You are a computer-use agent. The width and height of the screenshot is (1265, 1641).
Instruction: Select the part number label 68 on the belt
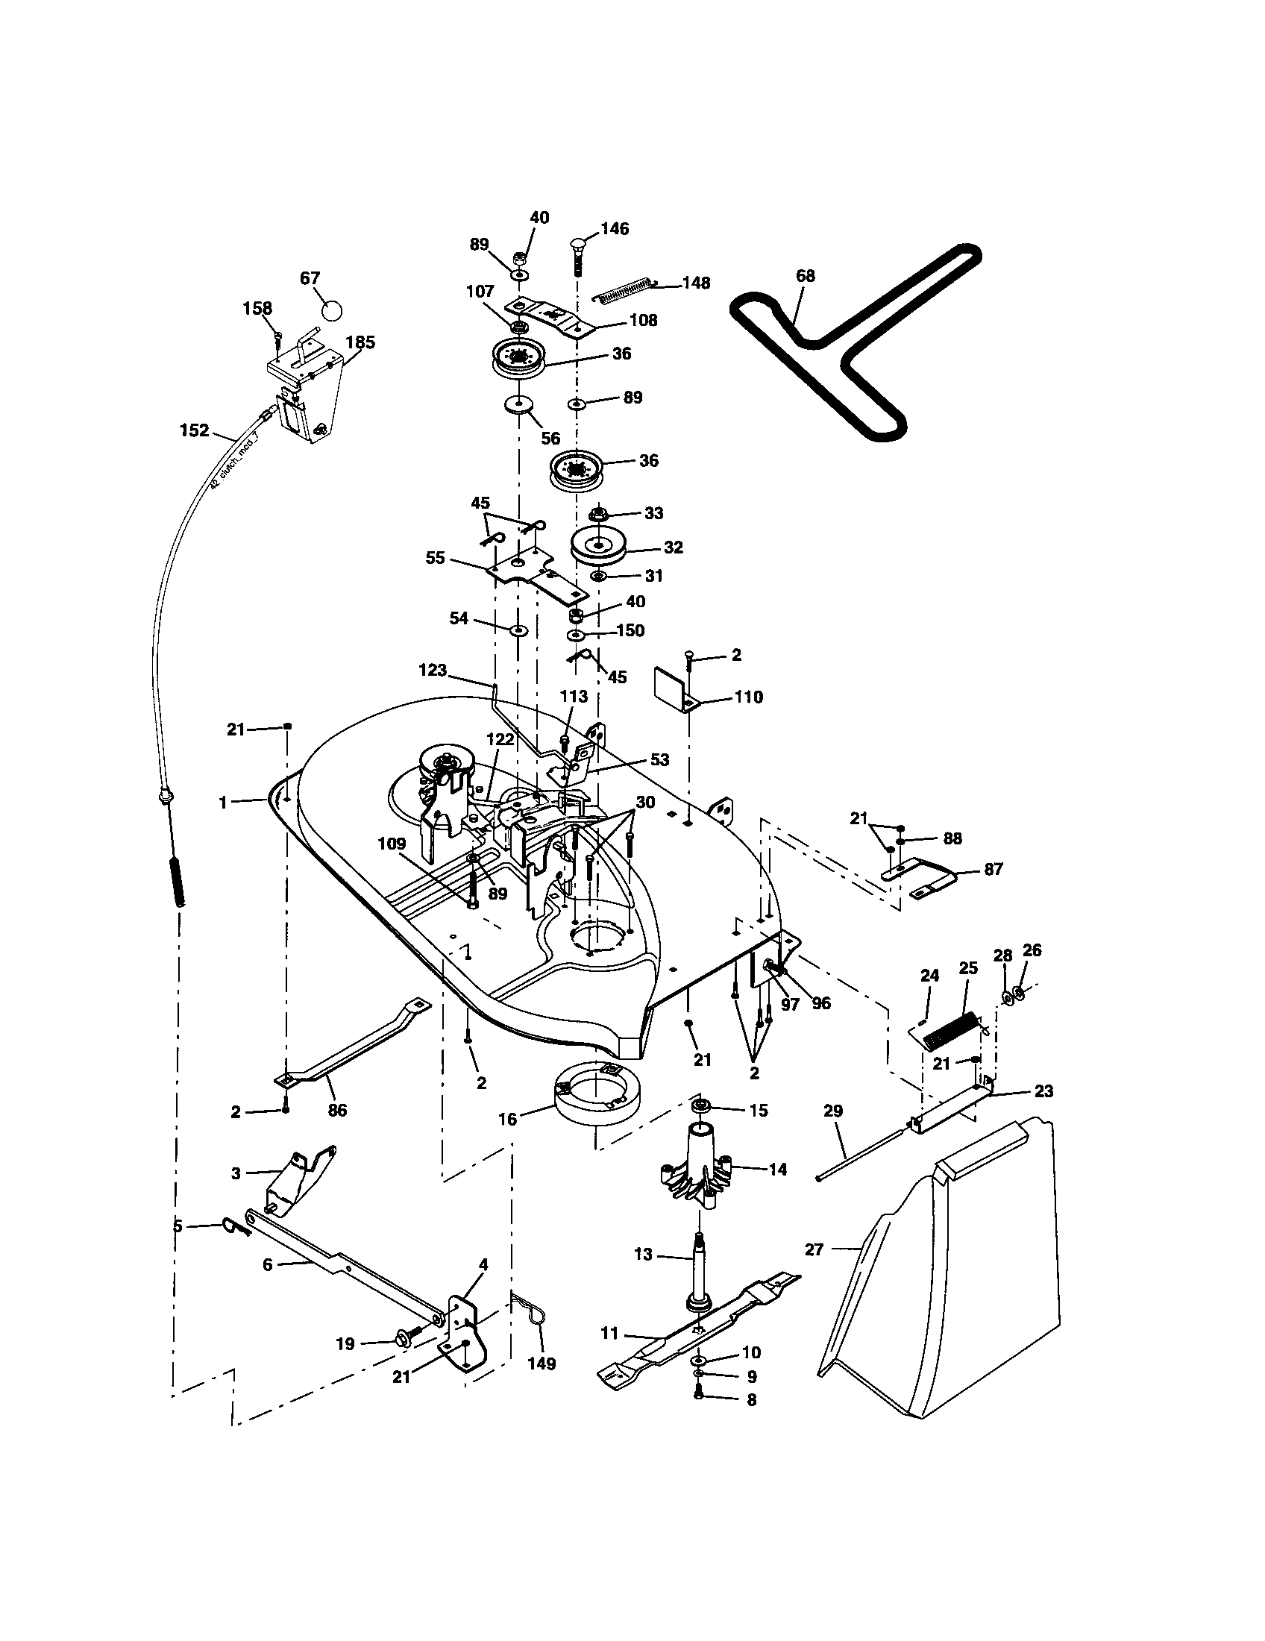[x=805, y=276]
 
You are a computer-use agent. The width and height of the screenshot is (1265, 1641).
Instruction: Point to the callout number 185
[x=360, y=342]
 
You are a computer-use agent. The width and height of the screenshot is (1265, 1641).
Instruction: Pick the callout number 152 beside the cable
[x=194, y=430]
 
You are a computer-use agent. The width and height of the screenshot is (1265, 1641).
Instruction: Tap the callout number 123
[x=433, y=671]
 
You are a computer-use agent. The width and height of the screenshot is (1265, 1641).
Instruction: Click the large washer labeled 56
[x=518, y=407]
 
